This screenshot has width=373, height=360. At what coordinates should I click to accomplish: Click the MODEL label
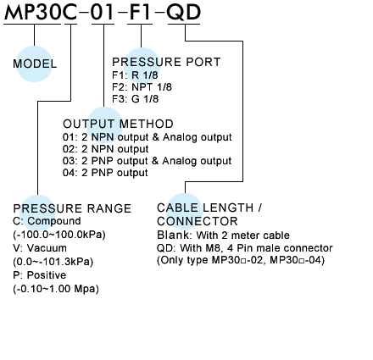pos(35,64)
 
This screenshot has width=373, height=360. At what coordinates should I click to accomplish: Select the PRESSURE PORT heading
pos(166,62)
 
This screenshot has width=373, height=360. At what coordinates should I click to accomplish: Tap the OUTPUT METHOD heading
pos(118,124)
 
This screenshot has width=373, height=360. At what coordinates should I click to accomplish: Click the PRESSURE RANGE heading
pos(72,208)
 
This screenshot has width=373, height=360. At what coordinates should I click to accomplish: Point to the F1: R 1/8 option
pos(135,75)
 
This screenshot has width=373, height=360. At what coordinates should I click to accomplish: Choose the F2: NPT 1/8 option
pos(142,87)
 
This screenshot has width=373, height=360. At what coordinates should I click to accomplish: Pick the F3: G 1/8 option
pos(136,99)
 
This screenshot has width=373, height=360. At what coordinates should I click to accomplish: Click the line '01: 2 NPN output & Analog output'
pos(148,137)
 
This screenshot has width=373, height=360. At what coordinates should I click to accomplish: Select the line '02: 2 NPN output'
pos(105,149)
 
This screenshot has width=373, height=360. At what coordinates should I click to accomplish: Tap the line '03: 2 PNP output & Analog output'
pos(147,161)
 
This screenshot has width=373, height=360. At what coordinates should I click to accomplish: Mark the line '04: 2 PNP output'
pos(105,173)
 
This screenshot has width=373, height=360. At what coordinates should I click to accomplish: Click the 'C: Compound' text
pos(47,221)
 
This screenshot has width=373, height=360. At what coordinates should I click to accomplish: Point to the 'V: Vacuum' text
pos(40,248)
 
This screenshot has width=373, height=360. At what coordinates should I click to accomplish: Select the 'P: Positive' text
pos(40,275)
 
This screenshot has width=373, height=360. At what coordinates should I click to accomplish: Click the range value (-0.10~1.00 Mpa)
pos(56,289)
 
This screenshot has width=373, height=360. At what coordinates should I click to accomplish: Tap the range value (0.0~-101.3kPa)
pos(53,262)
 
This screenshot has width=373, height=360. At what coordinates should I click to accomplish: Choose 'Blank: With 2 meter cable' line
pos(223,235)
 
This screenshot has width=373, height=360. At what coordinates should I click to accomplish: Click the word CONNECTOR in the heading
pos(198,221)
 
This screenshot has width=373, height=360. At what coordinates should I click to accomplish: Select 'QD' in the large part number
pos(184,13)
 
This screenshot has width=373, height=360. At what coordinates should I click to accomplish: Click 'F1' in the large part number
pos(140,13)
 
